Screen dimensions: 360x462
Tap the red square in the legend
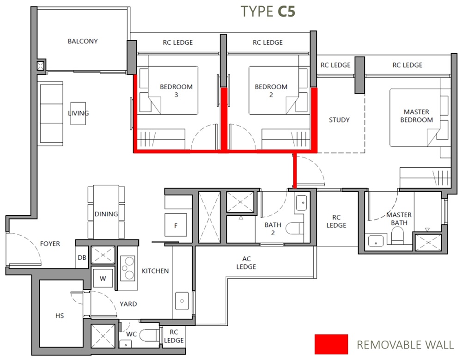pyautogui.click(x=331, y=344)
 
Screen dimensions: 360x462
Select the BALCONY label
pyautogui.click(x=83, y=41)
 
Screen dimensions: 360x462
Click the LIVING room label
pyautogui.click(x=79, y=113)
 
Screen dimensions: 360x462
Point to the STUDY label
pyautogui.click(x=339, y=120)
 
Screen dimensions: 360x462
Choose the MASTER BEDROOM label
pyautogui.click(x=416, y=116)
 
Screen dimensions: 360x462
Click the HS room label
pyautogui.click(x=59, y=316)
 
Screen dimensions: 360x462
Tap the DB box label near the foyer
pyautogui.click(x=82, y=258)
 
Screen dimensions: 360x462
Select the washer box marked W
pyautogui.click(x=103, y=278)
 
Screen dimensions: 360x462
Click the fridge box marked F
pyautogui.click(x=175, y=226)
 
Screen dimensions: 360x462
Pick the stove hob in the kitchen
pyautogui.click(x=128, y=268)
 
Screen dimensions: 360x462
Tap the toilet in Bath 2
pyautogui.click(x=295, y=229)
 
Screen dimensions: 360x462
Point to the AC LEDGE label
pyautogui.click(x=246, y=263)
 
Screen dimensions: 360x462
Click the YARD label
pyautogui.click(x=128, y=304)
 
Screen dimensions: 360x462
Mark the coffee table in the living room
pyautogui.click(x=78, y=113)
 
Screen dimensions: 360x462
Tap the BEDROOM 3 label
pyautogui.click(x=176, y=91)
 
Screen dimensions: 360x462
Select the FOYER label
pyautogui.click(x=50, y=244)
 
